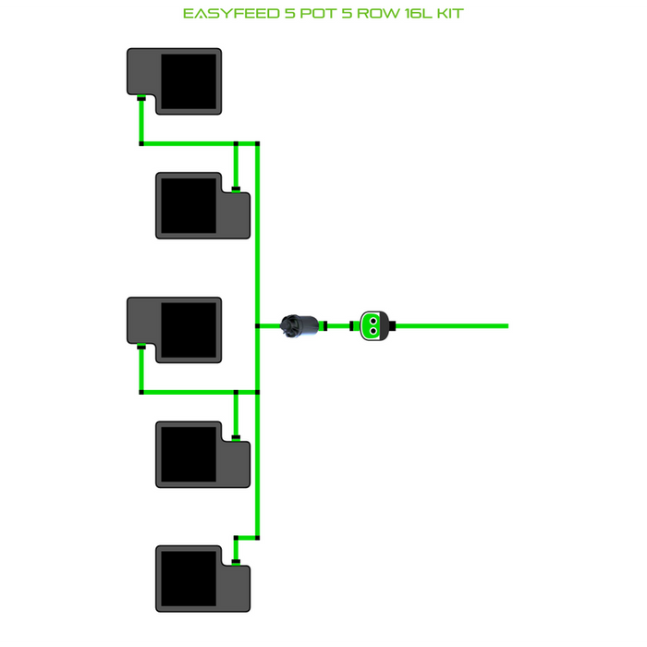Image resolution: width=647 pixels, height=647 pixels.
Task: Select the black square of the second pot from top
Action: (188, 204)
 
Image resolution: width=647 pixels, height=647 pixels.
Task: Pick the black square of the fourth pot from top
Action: (188, 453)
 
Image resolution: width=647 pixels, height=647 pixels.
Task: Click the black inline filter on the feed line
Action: (300, 325)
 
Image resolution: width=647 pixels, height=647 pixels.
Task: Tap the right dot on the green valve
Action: (377, 325)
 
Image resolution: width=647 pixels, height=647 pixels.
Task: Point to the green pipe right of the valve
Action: (453, 325)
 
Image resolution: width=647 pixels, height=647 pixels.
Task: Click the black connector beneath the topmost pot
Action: (140, 98)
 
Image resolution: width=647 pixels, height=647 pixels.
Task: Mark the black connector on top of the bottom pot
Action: (236, 561)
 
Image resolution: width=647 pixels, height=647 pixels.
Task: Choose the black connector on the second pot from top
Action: (236, 189)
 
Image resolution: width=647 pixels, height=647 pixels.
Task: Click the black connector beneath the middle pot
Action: (140, 348)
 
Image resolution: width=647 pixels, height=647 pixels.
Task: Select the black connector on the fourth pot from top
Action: (236, 437)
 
